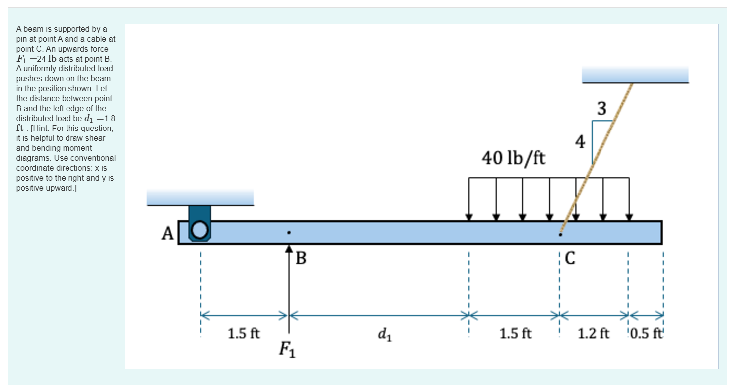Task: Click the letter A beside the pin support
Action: pos(168,233)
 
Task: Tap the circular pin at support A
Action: pos(200,229)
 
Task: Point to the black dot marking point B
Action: pos(289,232)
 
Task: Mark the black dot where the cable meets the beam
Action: pos(560,234)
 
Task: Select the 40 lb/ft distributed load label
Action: pos(513,158)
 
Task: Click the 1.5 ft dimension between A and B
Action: pos(243,333)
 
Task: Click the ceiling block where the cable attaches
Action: pos(635,74)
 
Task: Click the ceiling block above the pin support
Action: pos(200,197)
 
